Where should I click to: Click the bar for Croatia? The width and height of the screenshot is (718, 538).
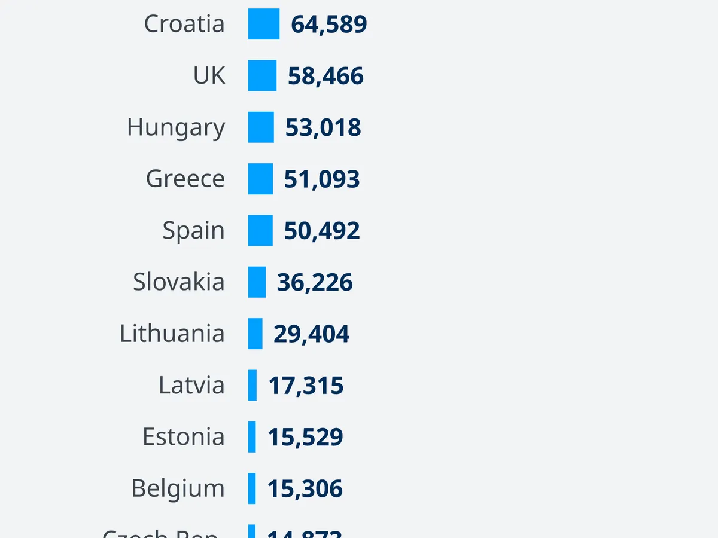(x=263, y=24)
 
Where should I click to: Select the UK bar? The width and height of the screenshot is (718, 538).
(x=262, y=76)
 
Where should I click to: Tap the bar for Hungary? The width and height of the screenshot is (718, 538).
(x=261, y=127)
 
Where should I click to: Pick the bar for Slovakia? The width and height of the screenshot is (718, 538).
(x=257, y=282)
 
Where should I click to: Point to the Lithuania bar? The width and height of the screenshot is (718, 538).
(x=255, y=334)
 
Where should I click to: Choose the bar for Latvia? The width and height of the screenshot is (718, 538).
(x=252, y=385)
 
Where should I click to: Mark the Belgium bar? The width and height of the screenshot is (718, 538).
(x=252, y=488)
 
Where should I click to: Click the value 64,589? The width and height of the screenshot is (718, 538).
(x=328, y=25)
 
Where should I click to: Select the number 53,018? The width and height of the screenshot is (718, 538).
(x=323, y=128)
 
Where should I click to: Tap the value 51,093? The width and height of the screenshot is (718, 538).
(x=322, y=179)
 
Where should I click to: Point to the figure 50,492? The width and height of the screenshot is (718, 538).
(x=322, y=231)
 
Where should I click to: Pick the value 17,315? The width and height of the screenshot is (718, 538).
(x=306, y=386)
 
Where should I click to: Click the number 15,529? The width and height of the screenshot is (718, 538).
(x=305, y=437)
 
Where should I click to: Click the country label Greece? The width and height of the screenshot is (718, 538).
(x=185, y=179)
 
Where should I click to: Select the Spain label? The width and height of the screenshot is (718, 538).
(x=193, y=231)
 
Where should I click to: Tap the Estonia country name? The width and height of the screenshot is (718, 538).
(x=183, y=437)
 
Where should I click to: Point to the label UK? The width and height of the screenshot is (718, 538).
(x=209, y=76)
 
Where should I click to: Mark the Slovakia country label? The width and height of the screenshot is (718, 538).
(x=178, y=282)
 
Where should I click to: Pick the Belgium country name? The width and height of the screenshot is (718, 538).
(x=178, y=489)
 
